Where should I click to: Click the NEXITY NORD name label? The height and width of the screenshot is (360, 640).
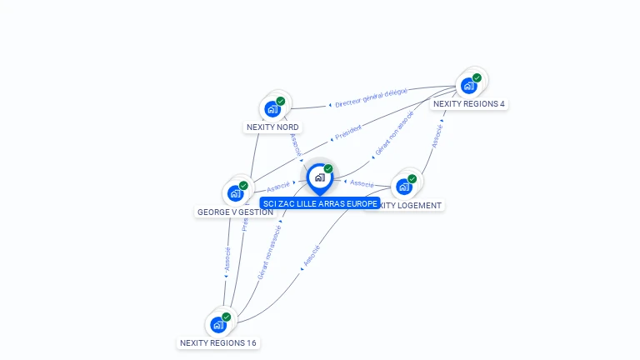tap(272, 127)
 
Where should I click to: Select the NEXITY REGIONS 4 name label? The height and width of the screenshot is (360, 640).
tap(468, 104)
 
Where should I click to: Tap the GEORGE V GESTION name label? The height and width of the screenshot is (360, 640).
tap(235, 212)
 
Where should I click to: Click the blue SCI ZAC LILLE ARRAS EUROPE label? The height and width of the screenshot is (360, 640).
tap(319, 203)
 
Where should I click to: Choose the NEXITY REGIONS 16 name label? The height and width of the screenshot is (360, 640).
tap(218, 342)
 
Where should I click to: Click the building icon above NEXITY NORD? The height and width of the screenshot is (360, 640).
tap(272, 108)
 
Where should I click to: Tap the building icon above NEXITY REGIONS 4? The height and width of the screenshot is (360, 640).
tap(468, 85)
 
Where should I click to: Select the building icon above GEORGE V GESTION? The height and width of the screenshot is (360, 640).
tap(236, 193)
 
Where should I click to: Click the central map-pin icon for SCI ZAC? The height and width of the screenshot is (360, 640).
tap(319, 177)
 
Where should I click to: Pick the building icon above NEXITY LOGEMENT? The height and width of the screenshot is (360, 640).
tap(404, 186)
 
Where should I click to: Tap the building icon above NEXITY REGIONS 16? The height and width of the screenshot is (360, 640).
tap(218, 324)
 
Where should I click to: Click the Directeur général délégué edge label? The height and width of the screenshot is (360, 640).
tap(371, 98)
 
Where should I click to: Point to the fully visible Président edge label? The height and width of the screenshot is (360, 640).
tap(347, 133)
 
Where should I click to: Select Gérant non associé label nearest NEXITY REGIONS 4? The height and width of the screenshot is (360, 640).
tap(393, 134)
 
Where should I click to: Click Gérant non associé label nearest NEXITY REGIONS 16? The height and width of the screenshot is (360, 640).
tap(269, 250)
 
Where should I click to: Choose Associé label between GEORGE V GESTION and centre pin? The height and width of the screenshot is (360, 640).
tap(278, 186)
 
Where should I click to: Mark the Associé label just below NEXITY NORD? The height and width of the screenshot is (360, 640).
tap(296, 143)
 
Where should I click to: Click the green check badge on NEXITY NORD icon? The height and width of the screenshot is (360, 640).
tap(281, 101)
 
